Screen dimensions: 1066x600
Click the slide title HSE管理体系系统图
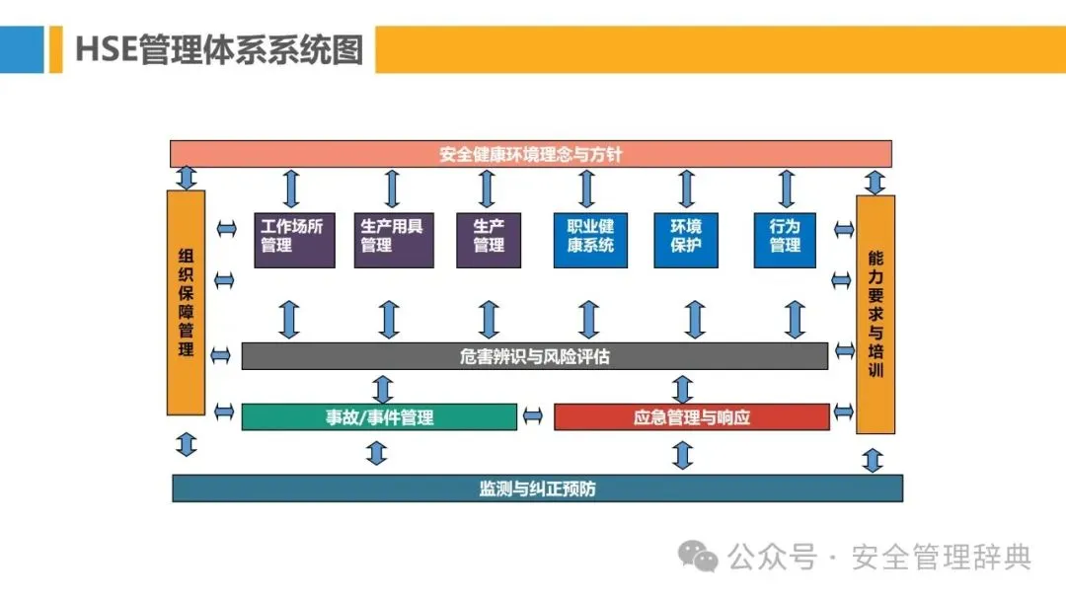tap(219, 49)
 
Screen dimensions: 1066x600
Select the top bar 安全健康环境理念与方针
tap(531, 154)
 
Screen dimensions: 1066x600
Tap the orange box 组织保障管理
tap(186, 302)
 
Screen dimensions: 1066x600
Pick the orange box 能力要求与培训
tap(875, 315)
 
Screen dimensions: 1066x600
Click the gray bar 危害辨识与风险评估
tap(534, 356)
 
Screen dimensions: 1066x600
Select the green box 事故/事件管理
tap(379, 416)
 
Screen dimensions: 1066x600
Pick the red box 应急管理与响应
tap(691, 416)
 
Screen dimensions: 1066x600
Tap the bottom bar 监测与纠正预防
tap(537, 488)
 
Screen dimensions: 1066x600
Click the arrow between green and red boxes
tap(533, 416)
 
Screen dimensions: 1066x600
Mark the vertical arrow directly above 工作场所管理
tap(291, 187)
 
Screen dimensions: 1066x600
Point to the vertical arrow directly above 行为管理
tap(786, 187)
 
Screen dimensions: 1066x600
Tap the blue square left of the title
tap(22, 49)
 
